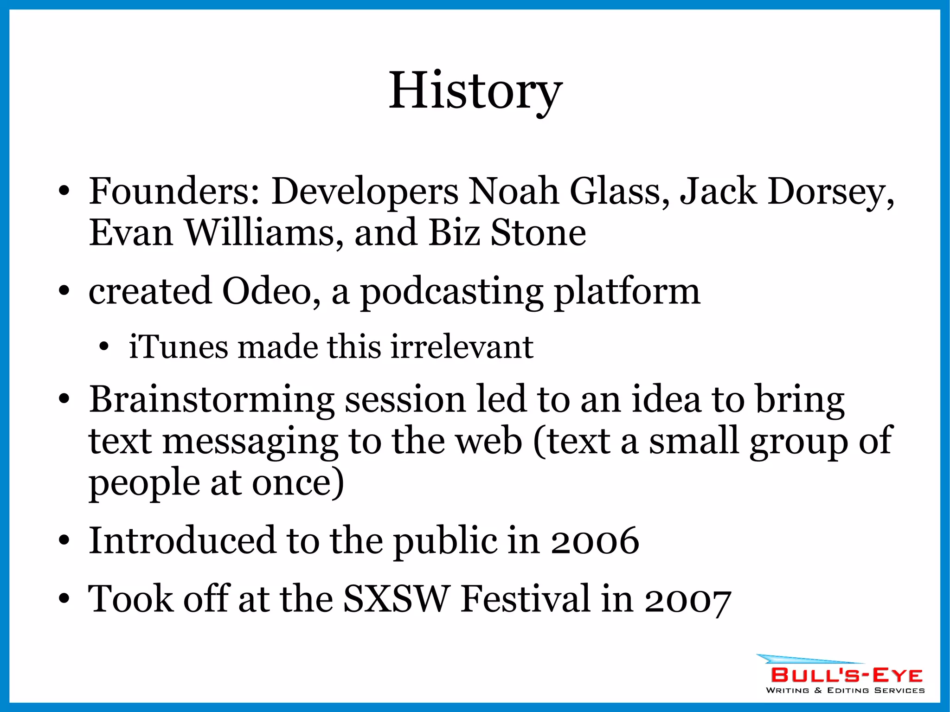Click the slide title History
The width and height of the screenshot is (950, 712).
point(475,91)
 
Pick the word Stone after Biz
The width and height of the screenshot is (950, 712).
point(538,232)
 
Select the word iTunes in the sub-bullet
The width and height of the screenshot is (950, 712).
point(178,347)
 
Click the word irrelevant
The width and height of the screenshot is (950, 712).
point(462,347)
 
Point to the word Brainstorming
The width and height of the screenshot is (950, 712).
point(211,400)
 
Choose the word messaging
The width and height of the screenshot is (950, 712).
point(250,442)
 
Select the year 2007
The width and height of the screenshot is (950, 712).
point(688,599)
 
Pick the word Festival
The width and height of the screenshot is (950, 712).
point(525,599)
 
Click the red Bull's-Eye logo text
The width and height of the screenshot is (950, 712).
point(847,675)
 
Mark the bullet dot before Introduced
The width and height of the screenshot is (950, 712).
point(64,541)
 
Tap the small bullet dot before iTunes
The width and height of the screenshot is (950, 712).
point(104,347)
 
